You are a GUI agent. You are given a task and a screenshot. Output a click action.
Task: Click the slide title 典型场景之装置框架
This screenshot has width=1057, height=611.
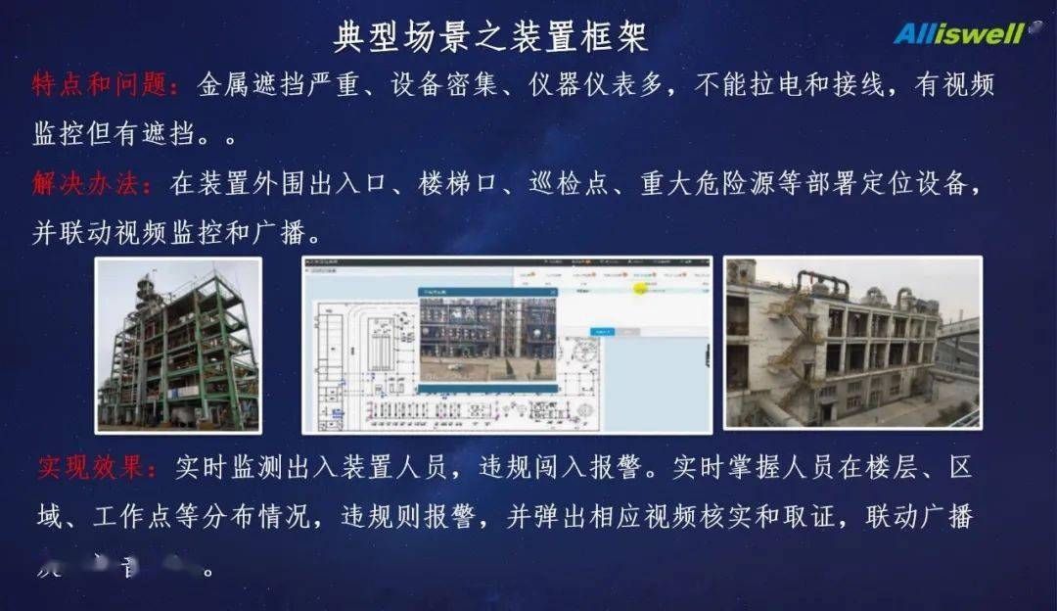pos(490,38)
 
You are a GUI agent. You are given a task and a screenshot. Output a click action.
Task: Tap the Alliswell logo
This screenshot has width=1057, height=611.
pos(959,34)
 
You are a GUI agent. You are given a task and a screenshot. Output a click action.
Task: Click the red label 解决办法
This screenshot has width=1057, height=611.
pos(92,184)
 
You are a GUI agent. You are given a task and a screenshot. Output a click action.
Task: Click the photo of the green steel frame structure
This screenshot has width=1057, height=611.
pos(178,345)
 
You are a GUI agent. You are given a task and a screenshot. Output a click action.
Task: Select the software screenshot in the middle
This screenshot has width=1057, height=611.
pos(507,345)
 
